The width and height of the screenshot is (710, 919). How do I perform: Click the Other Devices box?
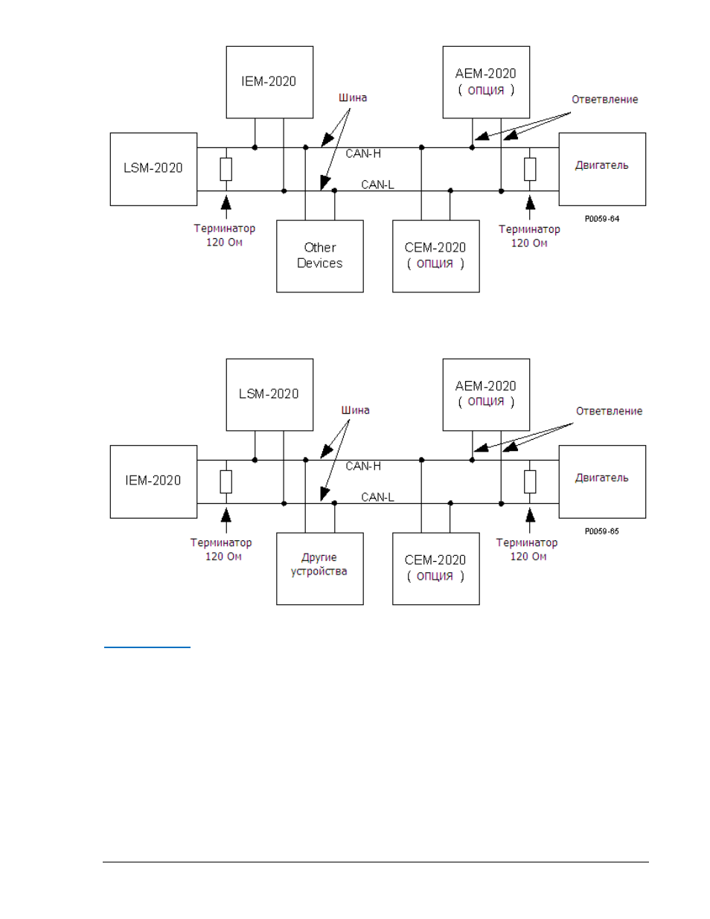320,256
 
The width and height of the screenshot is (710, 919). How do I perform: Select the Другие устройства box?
320,569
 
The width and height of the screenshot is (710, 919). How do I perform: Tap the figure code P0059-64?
602,219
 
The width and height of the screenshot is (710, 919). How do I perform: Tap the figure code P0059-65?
602,531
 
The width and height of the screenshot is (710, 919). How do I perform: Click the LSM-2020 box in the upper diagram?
153,169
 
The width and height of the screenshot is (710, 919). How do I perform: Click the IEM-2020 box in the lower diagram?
153,481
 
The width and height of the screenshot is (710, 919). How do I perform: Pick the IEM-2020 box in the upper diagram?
270,82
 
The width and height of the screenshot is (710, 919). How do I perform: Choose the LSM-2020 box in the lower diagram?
270,394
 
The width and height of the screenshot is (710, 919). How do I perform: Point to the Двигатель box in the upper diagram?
602,169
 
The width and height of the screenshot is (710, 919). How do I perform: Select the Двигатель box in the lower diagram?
602,481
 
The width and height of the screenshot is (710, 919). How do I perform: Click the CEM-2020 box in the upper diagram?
436,256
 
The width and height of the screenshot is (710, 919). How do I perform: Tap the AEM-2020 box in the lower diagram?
486,394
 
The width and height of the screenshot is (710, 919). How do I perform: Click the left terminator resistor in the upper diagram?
226,169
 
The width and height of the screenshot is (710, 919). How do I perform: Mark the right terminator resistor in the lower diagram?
530,481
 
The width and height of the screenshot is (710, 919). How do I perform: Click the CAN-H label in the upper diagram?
363,153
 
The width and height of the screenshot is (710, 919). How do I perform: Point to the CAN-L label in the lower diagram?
377,497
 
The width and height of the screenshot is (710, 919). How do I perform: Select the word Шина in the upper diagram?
353,97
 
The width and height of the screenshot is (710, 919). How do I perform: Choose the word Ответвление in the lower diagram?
609,411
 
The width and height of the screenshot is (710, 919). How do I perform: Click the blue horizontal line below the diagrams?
147,647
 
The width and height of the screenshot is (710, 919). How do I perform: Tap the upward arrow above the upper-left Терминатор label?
226,207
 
